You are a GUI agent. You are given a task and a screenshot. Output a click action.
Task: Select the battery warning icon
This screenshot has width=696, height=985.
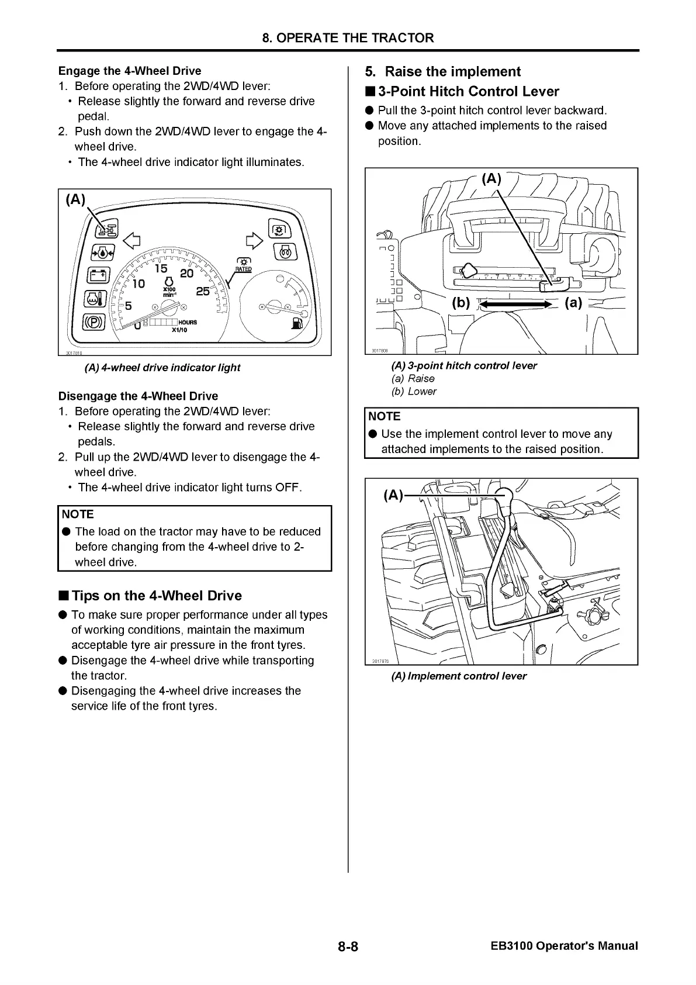tap(98, 275)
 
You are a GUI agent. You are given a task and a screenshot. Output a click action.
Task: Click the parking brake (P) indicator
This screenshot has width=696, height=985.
tap(95, 322)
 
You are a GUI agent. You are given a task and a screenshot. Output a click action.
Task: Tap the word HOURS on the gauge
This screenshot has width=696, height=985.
tap(188, 322)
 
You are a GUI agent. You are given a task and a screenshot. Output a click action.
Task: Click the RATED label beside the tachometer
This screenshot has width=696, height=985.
tap(243, 269)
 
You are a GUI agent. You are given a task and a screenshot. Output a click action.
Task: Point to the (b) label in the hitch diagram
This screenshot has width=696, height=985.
tap(461, 303)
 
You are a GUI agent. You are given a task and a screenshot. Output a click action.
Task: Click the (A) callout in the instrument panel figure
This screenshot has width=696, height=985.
tap(75, 200)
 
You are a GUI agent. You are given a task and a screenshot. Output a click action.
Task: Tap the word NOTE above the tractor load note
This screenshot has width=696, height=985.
tap(78, 514)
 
